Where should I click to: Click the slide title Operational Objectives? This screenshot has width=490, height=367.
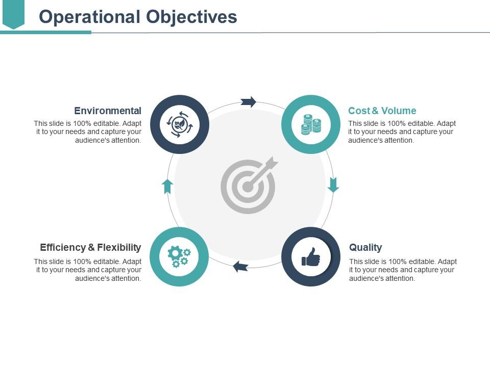(x=138, y=17)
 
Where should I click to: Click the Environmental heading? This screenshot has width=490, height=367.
(x=108, y=111)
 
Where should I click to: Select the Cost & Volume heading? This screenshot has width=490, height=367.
(x=382, y=111)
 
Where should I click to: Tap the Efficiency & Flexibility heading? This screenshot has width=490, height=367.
(x=90, y=247)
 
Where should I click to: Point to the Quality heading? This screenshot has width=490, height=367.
(x=365, y=247)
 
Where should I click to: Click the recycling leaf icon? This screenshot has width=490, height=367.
(x=180, y=124)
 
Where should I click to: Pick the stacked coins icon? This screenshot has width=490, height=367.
(x=311, y=124)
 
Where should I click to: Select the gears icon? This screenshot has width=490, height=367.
(x=179, y=256)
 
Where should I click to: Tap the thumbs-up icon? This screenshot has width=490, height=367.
(x=311, y=257)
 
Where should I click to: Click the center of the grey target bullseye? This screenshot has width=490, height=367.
(x=248, y=187)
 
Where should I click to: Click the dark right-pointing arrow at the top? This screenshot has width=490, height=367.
(x=249, y=101)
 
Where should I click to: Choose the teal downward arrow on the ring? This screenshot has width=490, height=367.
(x=333, y=185)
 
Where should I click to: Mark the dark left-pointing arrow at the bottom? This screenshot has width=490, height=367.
(x=240, y=266)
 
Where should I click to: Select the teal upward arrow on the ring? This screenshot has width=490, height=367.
(x=167, y=186)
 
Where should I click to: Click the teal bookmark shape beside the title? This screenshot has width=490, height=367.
(x=13, y=14)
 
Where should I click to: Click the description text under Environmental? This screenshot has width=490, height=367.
(x=88, y=132)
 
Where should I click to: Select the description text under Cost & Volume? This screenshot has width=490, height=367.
(x=402, y=132)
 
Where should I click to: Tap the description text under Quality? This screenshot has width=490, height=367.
(x=403, y=270)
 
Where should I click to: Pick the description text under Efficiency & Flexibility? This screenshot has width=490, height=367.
(x=88, y=270)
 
